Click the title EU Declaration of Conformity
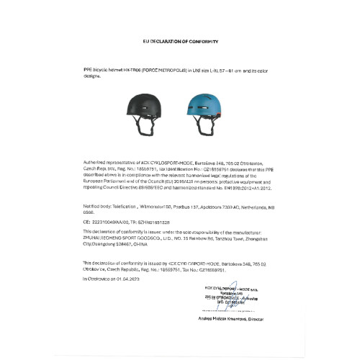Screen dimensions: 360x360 pyautogui.click(x=180, y=43)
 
